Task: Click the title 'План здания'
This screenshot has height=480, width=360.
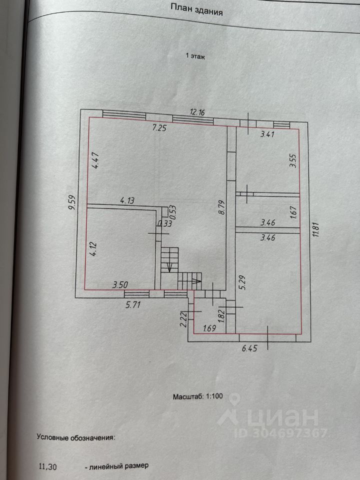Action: [196, 8]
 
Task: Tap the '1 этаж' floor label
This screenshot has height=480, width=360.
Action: [195, 56]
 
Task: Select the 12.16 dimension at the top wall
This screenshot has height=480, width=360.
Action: [197, 111]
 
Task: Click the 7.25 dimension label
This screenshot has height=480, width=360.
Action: [159, 127]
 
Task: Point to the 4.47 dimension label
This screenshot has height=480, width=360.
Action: [96, 160]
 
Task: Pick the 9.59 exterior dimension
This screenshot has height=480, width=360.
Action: [72, 202]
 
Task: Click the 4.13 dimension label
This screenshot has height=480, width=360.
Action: [127, 201]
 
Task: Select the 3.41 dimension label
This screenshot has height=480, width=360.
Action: [267, 134]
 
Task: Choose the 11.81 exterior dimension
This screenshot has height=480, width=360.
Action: [316, 229]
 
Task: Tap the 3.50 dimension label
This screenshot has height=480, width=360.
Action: [120, 285]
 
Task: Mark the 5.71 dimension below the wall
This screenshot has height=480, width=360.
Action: [133, 304]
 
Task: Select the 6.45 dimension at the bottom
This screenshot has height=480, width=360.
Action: [249, 348]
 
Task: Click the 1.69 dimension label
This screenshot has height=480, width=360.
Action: [209, 328]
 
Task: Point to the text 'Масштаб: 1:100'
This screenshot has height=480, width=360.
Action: [198, 396]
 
